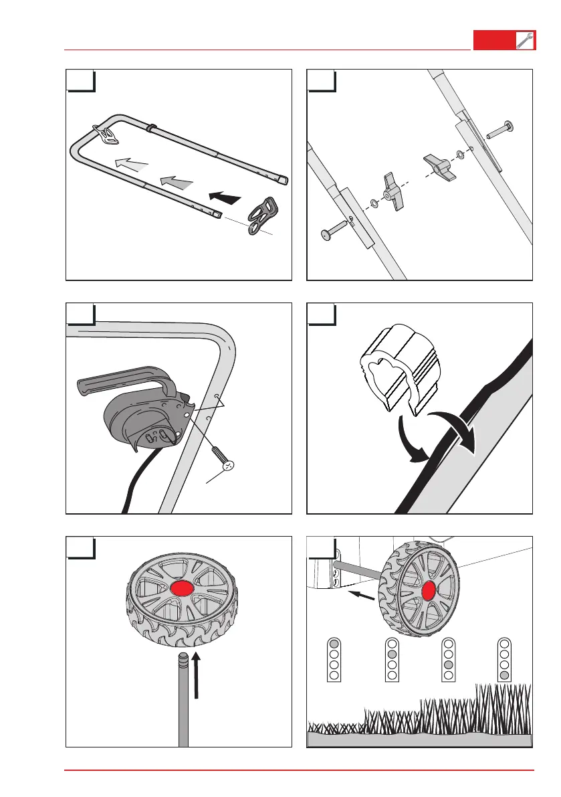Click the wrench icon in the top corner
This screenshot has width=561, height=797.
[x=525, y=41]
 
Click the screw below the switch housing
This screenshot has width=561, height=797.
[x=221, y=459]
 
